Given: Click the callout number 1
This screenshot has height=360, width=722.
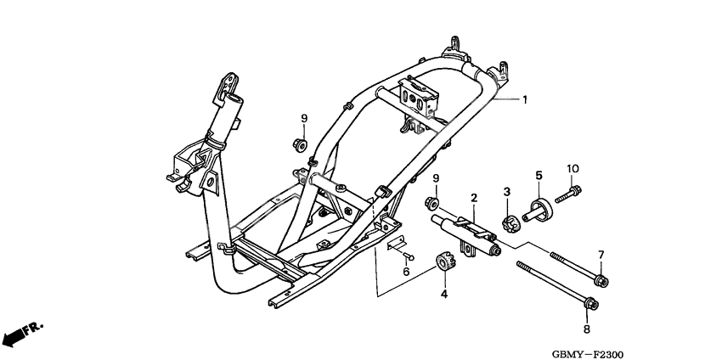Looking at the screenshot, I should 525,100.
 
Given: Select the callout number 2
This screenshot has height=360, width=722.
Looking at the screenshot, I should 474,198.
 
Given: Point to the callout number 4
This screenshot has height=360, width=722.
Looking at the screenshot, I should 443,294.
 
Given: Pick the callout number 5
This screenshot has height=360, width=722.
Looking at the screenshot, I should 538,176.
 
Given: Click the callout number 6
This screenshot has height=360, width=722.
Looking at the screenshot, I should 406,272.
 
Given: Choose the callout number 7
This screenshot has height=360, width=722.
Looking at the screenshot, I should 600,255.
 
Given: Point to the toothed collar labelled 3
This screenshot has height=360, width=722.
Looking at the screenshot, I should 509,225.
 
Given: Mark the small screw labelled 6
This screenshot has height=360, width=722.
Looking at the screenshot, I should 407,254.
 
